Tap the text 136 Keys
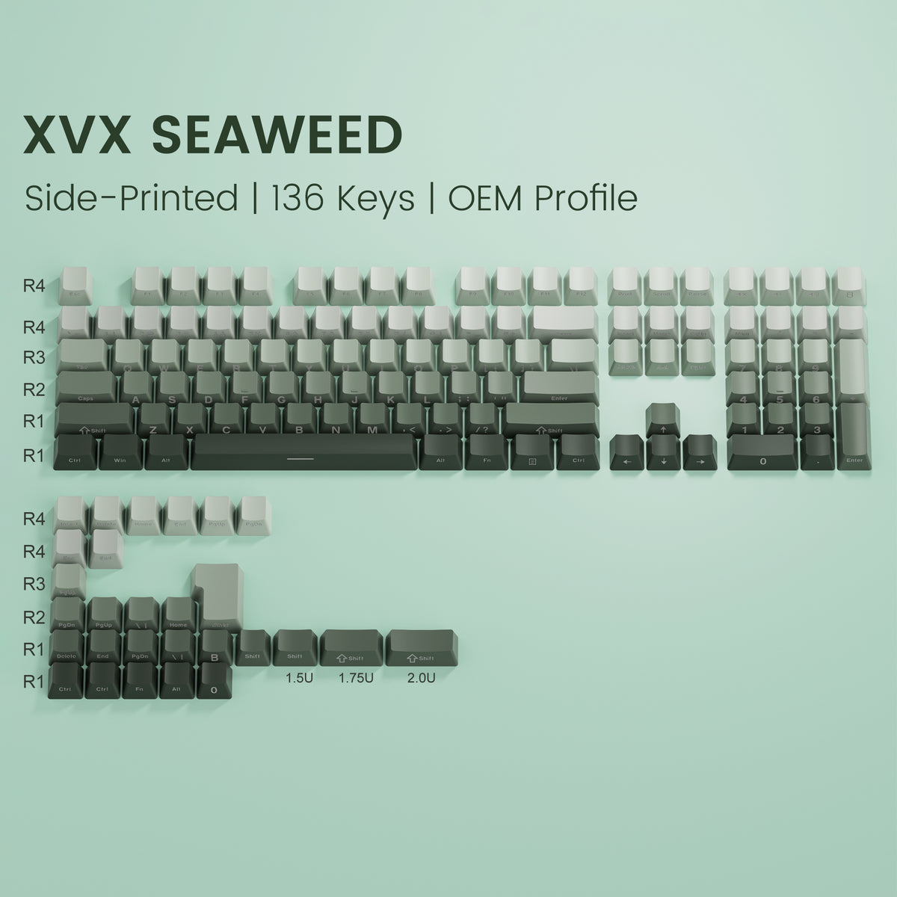[343, 198]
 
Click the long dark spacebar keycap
[302, 452]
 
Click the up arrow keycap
[662, 420]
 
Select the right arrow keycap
[700, 453]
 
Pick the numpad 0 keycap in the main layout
[762, 453]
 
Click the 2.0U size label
[421, 679]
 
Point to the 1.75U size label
[356, 679]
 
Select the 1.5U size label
[295, 679]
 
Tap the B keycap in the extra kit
[215, 648]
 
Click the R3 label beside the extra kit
[34, 583]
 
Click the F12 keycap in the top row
[581, 286]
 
